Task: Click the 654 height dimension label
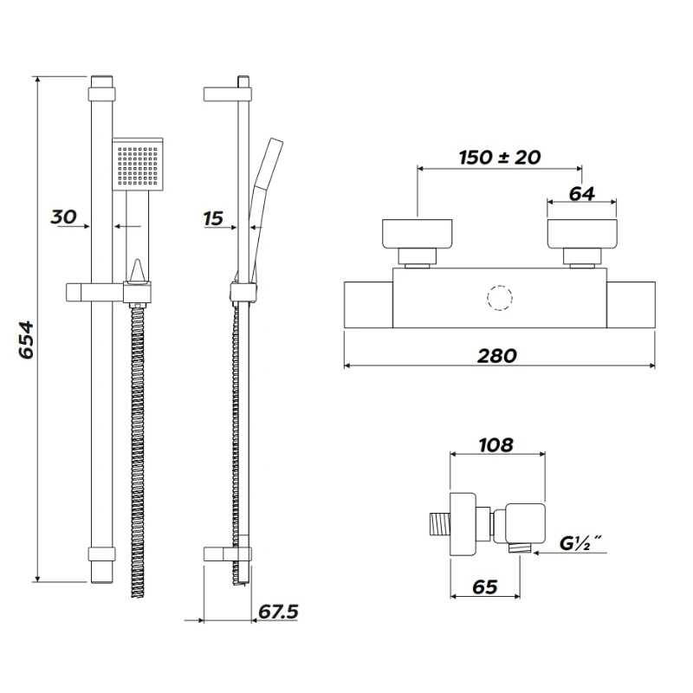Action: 25,340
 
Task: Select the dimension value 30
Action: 64,217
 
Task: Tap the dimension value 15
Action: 213,219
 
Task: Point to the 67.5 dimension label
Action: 278,612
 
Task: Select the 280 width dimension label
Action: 497,354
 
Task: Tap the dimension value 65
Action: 485,586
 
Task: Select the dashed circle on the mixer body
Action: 500,297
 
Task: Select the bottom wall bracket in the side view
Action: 228,554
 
